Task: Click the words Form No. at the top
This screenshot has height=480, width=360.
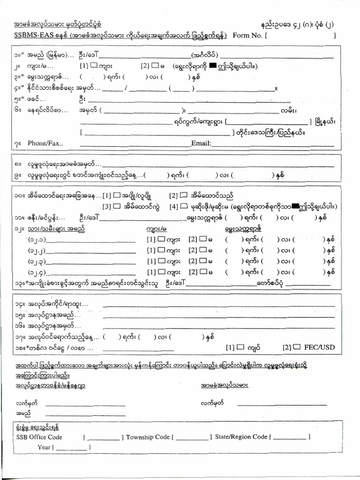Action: pos(248,35)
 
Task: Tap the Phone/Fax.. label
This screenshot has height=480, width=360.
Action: pos(45,143)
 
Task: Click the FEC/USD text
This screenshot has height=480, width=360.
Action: pos(320,347)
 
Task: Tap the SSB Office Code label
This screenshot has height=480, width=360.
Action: pos(39,437)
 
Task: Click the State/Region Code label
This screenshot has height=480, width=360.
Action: pos(241,437)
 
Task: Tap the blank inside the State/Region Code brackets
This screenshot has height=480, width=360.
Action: pos(290,437)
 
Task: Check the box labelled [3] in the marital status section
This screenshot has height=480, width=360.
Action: pos(116,206)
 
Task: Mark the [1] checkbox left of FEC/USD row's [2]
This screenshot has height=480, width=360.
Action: pos(240,347)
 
